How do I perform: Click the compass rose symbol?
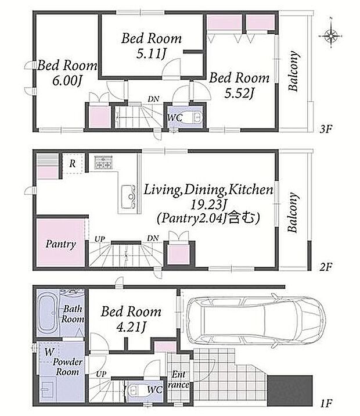point(331,35)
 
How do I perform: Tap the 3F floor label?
point(326,129)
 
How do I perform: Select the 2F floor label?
point(326,267)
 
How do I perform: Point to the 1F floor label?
point(326,404)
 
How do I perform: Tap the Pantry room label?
point(61,244)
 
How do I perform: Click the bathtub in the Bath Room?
point(48,313)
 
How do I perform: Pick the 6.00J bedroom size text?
point(67,81)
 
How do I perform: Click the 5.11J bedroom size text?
point(152,54)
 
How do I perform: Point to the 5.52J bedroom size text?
point(239,93)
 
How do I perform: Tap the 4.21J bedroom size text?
point(131,327)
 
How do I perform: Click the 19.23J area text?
point(208,205)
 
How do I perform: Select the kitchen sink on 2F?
point(128,196)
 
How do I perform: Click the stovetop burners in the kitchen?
point(104,162)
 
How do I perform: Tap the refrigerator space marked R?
point(73,164)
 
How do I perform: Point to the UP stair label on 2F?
point(100,239)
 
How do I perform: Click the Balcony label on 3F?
point(293,71)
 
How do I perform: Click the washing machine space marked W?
point(49,352)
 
